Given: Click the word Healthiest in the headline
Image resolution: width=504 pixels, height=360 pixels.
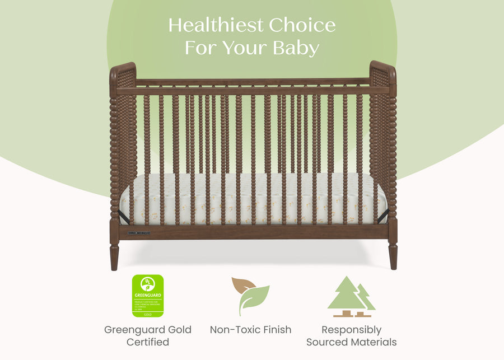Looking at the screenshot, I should click(216, 25).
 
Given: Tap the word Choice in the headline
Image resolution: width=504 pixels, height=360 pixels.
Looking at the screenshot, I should click(302, 25).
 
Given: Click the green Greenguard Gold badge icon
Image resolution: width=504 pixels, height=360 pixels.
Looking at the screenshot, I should click(147, 296).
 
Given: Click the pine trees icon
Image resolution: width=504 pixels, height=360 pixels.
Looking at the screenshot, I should click(351, 297).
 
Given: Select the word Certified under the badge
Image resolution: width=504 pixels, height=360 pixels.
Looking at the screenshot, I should click(147, 342).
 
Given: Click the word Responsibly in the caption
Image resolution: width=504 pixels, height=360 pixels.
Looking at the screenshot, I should click(351, 330).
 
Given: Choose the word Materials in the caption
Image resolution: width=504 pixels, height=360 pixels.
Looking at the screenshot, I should click(374, 342).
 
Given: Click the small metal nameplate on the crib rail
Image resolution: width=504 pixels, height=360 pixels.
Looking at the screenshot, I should click(138, 233).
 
